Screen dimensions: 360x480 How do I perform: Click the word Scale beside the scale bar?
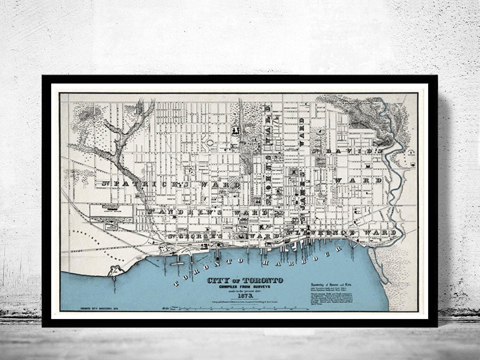click(x=165, y=308)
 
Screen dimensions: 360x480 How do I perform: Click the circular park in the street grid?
click(x=210, y=143)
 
